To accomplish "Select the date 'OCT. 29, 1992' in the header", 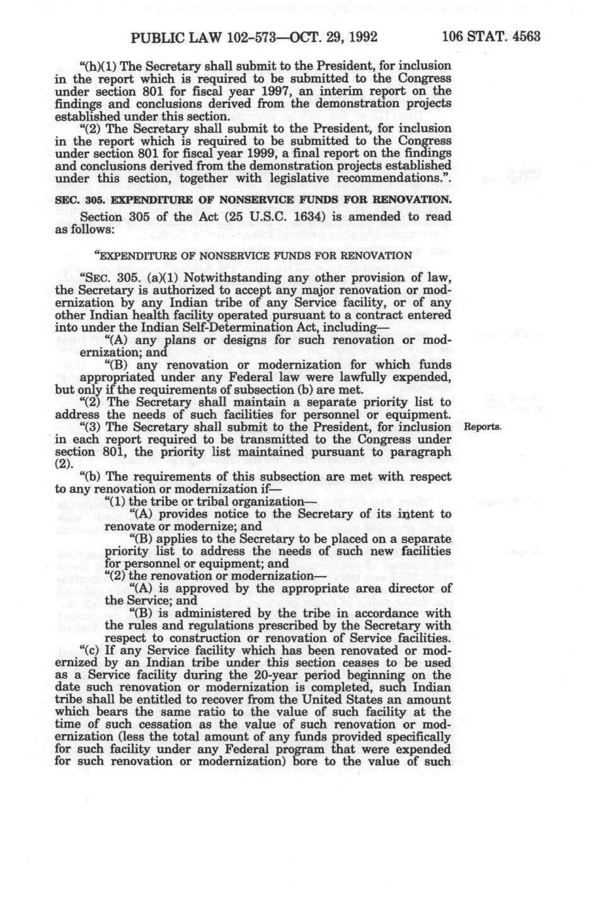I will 322,37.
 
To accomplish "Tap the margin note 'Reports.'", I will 482,428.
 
